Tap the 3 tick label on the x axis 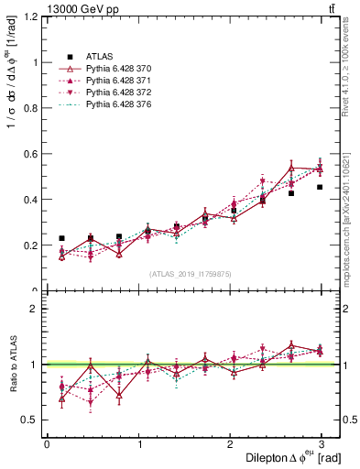coord(321,444)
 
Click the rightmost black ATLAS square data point coord(320,187)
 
